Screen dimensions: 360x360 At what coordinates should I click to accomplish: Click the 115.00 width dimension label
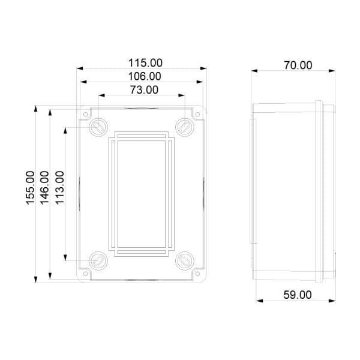point(145,62)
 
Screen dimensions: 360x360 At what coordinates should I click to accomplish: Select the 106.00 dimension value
point(145,76)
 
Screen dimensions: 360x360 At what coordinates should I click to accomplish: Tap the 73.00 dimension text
point(143,90)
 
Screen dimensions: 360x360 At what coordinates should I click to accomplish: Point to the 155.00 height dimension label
point(31,188)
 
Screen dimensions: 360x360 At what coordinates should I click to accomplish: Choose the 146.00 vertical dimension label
point(45,188)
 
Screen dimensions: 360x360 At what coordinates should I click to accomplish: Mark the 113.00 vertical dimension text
point(59,188)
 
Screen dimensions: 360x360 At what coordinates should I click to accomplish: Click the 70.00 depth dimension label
point(298,65)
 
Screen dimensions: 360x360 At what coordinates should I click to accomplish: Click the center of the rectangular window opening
point(141,193)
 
